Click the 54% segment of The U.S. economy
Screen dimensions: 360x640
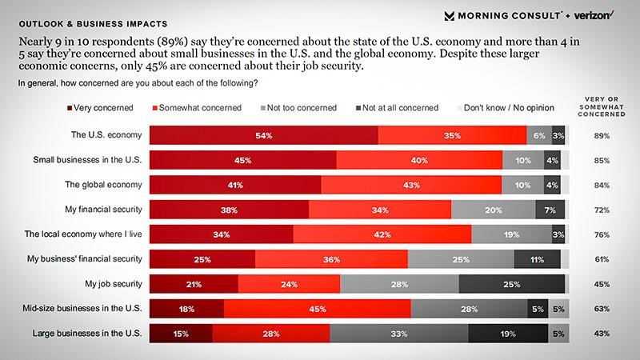[x=264, y=136]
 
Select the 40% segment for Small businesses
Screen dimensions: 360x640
[x=419, y=161]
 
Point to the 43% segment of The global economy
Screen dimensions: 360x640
[x=411, y=186]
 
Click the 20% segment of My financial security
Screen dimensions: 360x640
[x=494, y=210]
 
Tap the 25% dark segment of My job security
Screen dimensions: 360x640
[x=512, y=284]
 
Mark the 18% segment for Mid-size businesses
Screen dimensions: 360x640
[x=187, y=309]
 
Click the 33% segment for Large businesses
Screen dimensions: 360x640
[x=399, y=334]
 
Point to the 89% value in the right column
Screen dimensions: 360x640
[x=602, y=137]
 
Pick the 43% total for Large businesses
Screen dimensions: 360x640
[x=602, y=334]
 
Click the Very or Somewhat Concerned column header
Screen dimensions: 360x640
[x=603, y=106]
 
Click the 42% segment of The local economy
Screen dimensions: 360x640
[x=382, y=234]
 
